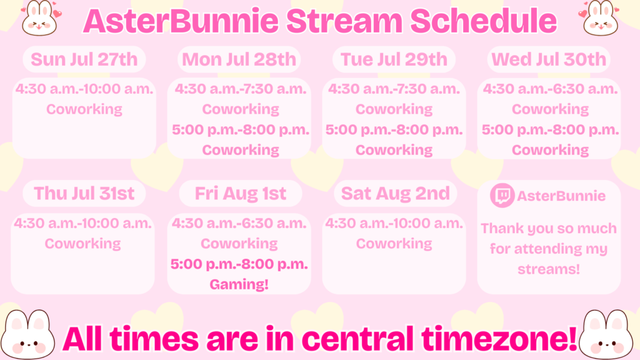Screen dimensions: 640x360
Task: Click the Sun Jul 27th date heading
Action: click(x=84, y=59)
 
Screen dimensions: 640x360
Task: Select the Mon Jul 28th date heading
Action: click(x=239, y=59)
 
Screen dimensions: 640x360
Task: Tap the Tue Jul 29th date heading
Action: click(x=394, y=59)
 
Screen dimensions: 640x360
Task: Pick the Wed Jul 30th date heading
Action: click(x=549, y=59)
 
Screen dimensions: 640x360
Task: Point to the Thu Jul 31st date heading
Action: click(x=84, y=194)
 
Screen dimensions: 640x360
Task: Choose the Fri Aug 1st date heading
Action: click(x=241, y=194)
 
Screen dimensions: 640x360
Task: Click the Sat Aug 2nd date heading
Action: click(x=396, y=194)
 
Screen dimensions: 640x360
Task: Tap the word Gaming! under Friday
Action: click(x=239, y=284)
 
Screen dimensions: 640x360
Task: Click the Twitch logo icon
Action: click(x=502, y=196)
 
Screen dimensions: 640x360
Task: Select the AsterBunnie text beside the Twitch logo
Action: click(x=561, y=196)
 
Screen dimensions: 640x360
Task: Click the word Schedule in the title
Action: click(x=483, y=21)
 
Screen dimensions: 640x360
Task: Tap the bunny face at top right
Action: click(x=599, y=17)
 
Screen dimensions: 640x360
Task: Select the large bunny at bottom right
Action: click(x=606, y=335)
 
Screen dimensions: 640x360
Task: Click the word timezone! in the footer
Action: click(x=499, y=338)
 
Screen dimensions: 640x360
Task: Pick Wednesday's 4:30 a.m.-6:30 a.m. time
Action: click(x=550, y=89)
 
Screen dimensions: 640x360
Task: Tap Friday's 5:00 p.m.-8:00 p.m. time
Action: click(x=239, y=264)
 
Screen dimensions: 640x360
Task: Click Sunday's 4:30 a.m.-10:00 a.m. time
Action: click(x=84, y=89)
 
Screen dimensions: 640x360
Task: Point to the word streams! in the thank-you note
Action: click(x=549, y=269)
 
